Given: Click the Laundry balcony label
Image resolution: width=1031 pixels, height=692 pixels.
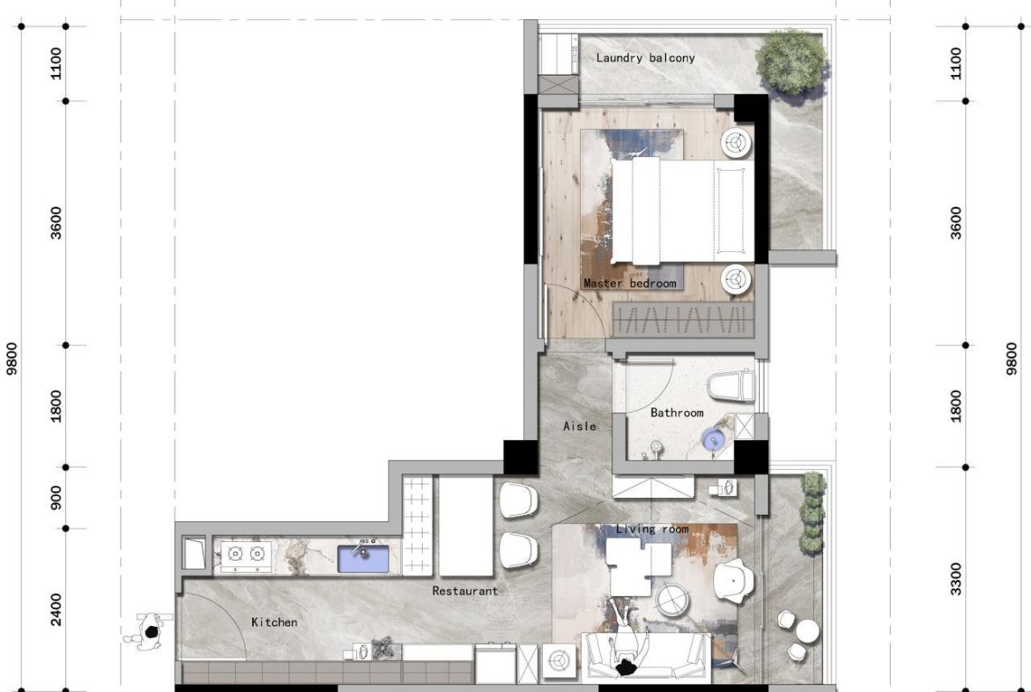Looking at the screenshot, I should pos(645,58).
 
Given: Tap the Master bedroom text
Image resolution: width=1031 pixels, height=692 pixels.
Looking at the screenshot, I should pos(629,284).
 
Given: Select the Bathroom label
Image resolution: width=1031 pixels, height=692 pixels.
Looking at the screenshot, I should pos(677,413).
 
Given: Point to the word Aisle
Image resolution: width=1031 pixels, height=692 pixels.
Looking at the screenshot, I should pos(579,427).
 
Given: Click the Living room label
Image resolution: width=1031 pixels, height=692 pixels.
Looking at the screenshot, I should pos(652,529).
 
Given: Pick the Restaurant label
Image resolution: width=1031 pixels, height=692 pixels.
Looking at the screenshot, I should pos(464,592).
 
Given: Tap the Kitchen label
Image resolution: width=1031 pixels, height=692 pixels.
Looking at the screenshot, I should pos(274,622).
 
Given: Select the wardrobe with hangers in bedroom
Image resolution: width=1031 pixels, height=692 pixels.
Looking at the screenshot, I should pos(685,320).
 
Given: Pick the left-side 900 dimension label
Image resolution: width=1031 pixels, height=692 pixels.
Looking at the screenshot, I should pos(57,498).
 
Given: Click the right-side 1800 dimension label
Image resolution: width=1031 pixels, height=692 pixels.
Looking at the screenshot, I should pos(958,406).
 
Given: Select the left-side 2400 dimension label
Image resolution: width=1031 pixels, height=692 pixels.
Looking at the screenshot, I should pos(57,609).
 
